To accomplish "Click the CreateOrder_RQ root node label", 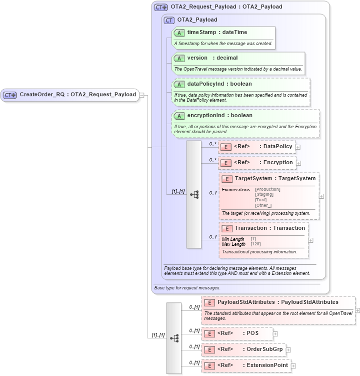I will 77,95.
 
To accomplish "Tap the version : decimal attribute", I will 212,58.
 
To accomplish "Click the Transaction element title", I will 269,228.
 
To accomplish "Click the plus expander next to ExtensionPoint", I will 293,366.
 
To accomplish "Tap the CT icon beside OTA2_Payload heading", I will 169,20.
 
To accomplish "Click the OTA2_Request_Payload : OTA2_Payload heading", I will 226,7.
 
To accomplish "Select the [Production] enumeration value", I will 267,189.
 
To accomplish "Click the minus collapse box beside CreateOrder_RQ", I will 142,95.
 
